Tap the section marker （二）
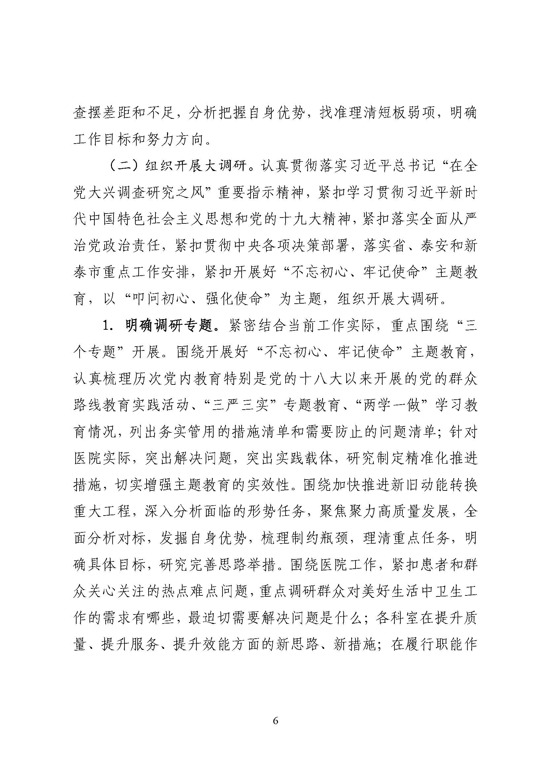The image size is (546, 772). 124,166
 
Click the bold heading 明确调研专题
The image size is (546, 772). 170,326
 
